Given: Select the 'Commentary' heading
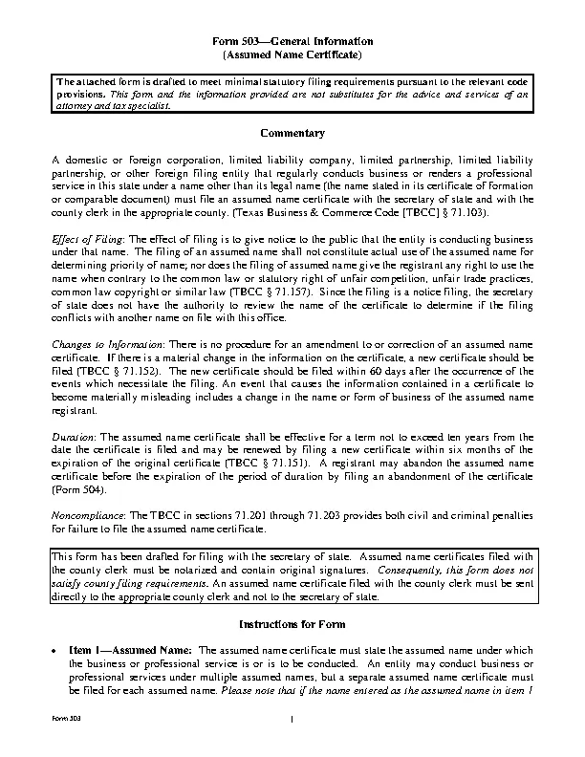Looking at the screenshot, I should [292, 133].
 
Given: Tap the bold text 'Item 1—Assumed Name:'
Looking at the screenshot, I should [131, 650].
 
